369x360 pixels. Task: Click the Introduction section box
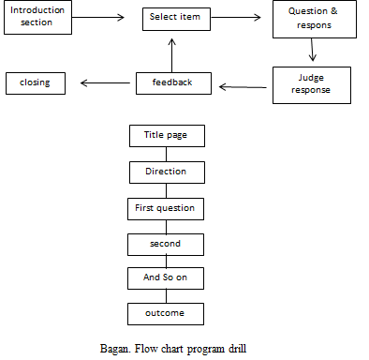[37, 19]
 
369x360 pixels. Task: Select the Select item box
[179, 18]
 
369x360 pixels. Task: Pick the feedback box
[173, 82]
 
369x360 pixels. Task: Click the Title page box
[166, 135]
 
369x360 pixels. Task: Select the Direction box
[166, 172]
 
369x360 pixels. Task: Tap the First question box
[165, 207]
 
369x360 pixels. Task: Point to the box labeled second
[166, 243]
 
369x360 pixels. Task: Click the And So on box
[166, 278]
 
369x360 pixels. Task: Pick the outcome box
[166, 314]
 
